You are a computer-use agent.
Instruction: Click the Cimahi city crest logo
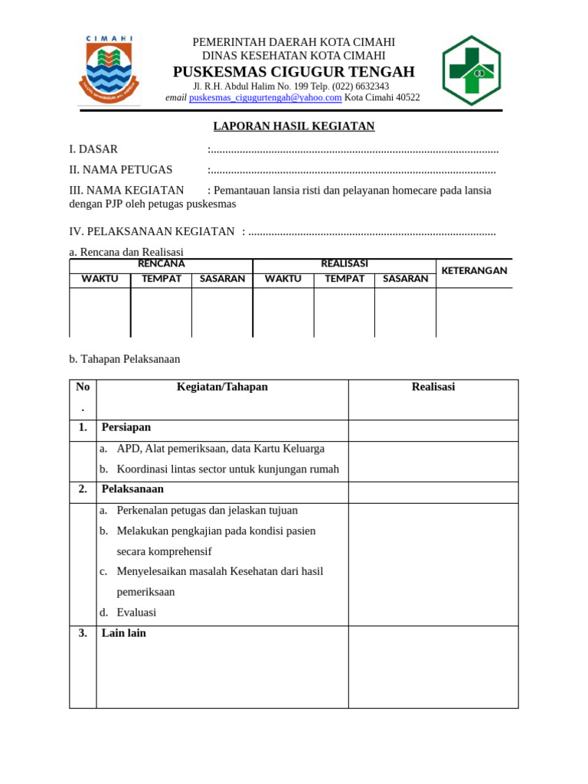[109, 70]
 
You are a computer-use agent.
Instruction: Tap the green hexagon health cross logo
[472, 70]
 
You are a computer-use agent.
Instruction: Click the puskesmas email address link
[265, 98]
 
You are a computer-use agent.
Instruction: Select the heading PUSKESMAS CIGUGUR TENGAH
[293, 72]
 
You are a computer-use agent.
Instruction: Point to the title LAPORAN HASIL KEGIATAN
[293, 126]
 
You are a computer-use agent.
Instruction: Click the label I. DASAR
[93, 149]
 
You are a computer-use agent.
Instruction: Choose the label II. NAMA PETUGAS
[121, 170]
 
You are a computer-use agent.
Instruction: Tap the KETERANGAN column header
[474, 271]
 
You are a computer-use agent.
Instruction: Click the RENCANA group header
[161, 264]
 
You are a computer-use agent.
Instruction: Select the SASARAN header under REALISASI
[405, 279]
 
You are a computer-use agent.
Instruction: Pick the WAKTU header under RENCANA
[100, 279]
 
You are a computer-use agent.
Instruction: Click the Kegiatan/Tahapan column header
[222, 387]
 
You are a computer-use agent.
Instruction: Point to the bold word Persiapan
[126, 427]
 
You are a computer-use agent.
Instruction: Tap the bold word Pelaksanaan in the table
[132, 489]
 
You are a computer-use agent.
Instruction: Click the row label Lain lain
[124, 634]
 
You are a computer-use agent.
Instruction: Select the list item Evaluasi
[136, 612]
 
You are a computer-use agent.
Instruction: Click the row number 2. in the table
[83, 489]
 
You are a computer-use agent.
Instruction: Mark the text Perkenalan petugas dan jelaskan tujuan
[207, 511]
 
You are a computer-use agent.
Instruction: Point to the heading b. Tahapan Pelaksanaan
[125, 359]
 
